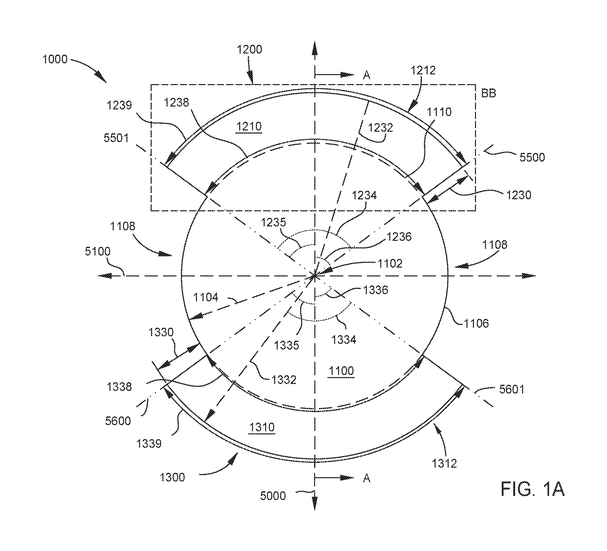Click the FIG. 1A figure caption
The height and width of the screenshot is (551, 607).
click(532, 489)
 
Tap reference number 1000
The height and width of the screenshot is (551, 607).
click(55, 59)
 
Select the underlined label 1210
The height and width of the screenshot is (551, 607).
click(249, 126)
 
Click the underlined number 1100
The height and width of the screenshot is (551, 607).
click(341, 371)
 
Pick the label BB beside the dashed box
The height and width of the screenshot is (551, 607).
click(488, 93)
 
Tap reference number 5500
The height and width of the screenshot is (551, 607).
click(532, 157)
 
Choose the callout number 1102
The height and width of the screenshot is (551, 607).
click(390, 264)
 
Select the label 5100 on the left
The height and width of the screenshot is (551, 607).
click(98, 251)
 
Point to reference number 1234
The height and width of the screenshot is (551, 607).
click(364, 195)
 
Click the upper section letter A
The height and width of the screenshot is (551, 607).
click(366, 75)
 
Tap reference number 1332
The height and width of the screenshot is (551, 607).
click(284, 380)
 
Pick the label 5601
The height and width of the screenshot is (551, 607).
click(512, 389)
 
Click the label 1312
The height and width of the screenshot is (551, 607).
click(444, 463)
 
